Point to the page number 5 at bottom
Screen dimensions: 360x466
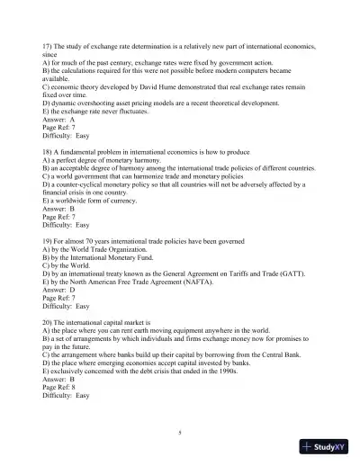(x=179, y=433)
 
